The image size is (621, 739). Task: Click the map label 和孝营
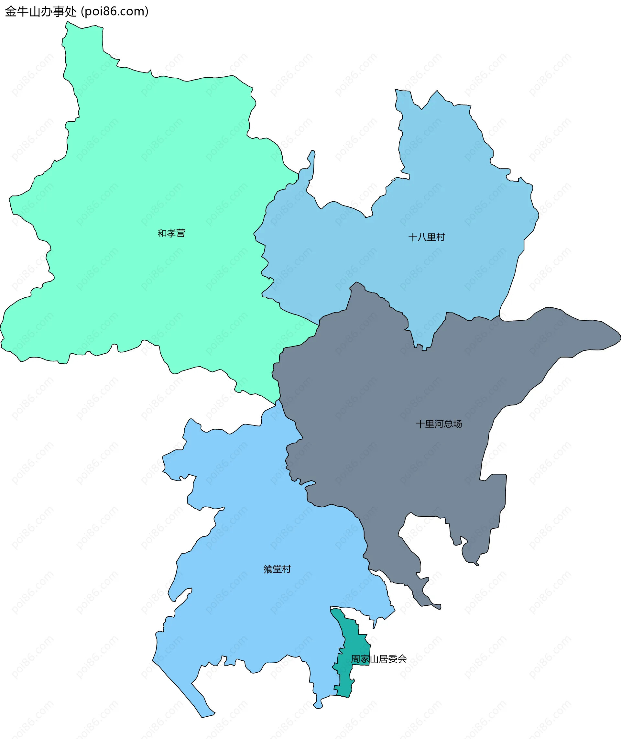click(171, 233)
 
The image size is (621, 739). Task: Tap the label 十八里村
click(427, 237)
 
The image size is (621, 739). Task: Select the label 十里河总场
click(439, 424)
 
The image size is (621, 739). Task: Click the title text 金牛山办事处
click(41, 12)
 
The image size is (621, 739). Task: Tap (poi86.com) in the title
click(115, 12)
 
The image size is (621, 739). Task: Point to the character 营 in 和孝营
click(180, 233)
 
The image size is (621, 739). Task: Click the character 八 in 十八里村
click(422, 237)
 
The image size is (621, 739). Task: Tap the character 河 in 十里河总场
click(439, 424)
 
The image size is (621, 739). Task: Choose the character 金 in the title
click(11, 12)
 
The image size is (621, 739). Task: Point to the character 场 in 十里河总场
click(458, 424)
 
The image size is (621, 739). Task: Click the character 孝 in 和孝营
click(171, 233)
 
